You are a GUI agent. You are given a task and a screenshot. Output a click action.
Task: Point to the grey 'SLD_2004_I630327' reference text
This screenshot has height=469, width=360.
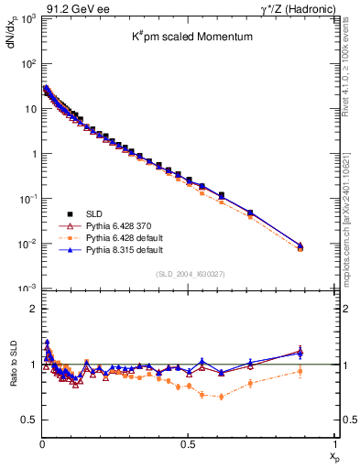pyautogui.click(x=189, y=274)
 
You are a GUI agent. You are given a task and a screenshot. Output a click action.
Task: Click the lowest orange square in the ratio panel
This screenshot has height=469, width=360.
pyautogui.click(x=221, y=396)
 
